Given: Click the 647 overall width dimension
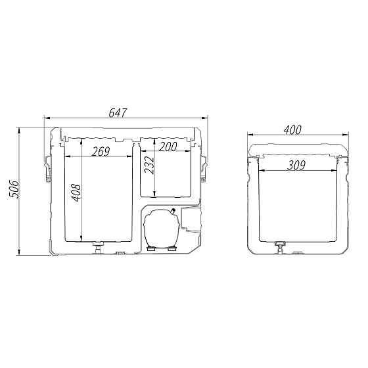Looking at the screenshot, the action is (118, 112).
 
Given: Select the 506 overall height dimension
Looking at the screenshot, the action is (14, 189).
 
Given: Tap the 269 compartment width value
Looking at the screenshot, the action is (101, 152).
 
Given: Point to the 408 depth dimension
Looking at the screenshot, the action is (76, 193).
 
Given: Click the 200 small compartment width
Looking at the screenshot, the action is (168, 147).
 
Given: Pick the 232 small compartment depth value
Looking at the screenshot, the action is (149, 165).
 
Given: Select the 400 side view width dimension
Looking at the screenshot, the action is (292, 130).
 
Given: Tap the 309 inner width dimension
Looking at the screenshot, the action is (296, 165).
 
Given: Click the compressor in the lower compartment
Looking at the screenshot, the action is (162, 228).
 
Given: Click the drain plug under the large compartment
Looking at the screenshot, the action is (98, 247).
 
